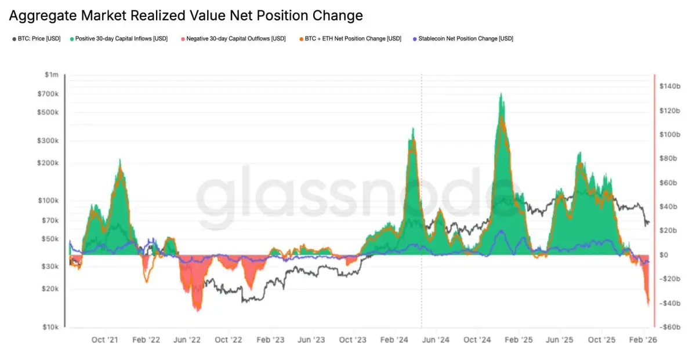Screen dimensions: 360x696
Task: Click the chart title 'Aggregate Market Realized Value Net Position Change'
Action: pyautogui.click(x=186, y=16)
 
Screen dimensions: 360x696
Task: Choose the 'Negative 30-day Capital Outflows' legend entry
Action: pyautogui.click(x=233, y=39)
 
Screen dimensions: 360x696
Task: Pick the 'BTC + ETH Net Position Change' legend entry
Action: pyautogui.click(x=349, y=39)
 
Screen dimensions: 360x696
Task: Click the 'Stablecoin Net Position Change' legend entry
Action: pyautogui.click(x=462, y=39)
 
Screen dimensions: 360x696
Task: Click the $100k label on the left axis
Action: pyautogui.click(x=49, y=201)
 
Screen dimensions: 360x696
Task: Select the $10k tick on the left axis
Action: pyautogui.click(x=50, y=327)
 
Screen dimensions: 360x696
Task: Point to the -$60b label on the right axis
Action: pyautogui.click(x=670, y=327)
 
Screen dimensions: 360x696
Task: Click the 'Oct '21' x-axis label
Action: pyautogui.click(x=106, y=340)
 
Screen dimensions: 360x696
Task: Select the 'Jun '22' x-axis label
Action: pyautogui.click(x=187, y=340)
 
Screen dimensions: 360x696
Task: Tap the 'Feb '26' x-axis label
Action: pyautogui.click(x=643, y=340)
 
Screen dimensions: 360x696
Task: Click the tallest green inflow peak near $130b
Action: pyautogui.click(x=501, y=94)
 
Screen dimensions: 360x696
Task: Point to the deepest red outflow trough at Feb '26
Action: pyautogui.click(x=648, y=304)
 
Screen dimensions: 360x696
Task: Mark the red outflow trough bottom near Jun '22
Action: pyautogui.click(x=198, y=310)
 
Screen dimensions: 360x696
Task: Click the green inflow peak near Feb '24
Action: pyautogui.click(x=412, y=129)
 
